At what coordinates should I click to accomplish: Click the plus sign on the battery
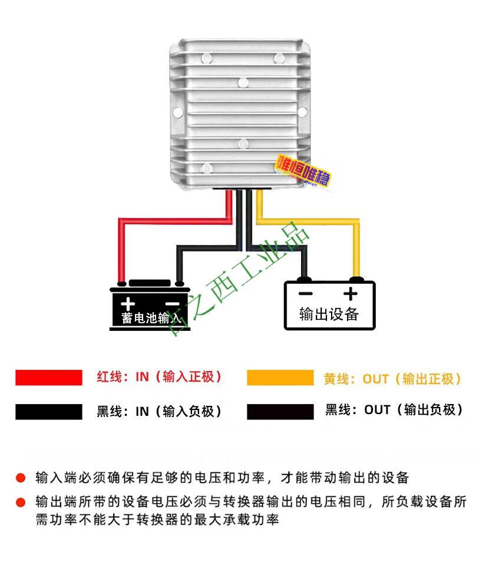pyautogui.click(x=128, y=305)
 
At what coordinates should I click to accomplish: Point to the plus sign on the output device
pyautogui.click(x=351, y=293)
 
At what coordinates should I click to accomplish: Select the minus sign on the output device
pyautogui.click(x=305, y=293)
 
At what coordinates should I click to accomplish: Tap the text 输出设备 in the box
pyautogui.click(x=329, y=314)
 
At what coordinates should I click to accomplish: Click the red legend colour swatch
pyautogui.click(x=49, y=378)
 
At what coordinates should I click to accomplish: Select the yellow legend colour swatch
pyautogui.click(x=280, y=378)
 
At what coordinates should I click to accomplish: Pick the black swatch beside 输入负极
pyautogui.click(x=49, y=412)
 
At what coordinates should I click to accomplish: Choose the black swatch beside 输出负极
pyautogui.click(x=280, y=412)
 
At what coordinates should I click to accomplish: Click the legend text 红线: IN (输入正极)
pyautogui.click(x=159, y=377)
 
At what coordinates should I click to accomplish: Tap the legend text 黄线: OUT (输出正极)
pyautogui.click(x=392, y=379)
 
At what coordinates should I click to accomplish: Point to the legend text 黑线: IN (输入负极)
pyautogui.click(x=159, y=411)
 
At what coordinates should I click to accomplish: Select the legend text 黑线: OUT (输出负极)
pyautogui.click(x=394, y=409)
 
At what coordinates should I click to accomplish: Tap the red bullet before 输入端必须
pyautogui.click(x=21, y=477)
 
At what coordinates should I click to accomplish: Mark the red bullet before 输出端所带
pyautogui.click(x=21, y=503)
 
